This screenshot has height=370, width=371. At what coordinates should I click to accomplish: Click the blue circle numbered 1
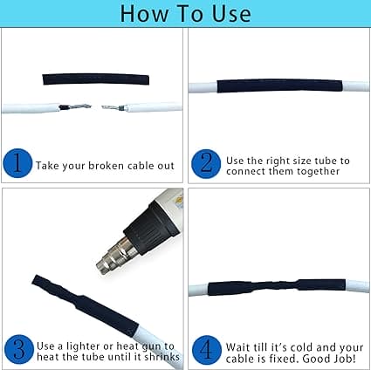tap(17, 163)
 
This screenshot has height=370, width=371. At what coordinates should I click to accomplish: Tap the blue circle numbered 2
tap(206, 164)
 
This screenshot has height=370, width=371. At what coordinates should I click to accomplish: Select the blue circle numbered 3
tap(19, 349)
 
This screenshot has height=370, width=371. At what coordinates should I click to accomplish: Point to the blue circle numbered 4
tap(207, 350)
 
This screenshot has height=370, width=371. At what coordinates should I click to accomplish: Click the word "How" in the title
tap(145, 14)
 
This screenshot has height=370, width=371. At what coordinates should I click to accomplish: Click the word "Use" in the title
tap(231, 14)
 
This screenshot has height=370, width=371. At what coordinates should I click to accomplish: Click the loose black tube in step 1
tap(96, 79)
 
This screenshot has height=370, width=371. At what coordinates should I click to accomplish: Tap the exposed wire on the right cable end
tap(113, 108)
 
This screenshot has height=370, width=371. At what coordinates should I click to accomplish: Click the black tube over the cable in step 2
tap(279, 86)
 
